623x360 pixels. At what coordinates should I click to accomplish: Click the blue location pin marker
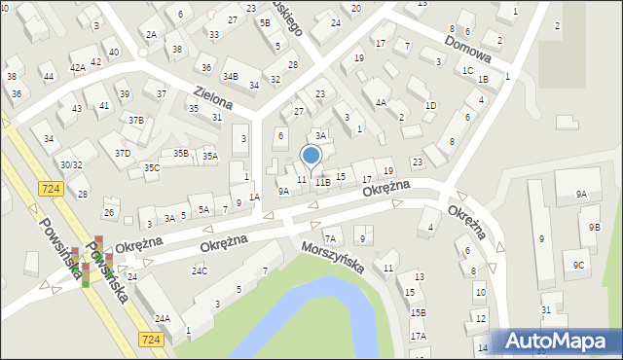(311, 156)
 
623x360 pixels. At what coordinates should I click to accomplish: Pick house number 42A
(78, 67)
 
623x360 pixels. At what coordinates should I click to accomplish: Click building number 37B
(136, 121)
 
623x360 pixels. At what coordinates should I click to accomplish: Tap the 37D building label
(123, 153)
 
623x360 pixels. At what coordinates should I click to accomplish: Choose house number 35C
(152, 167)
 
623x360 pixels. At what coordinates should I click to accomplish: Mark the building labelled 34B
(231, 76)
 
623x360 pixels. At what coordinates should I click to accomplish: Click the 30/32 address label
(71, 165)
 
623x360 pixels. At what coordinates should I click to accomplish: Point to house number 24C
(200, 270)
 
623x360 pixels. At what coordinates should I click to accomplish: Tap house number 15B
(418, 312)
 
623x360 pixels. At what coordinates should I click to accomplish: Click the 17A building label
(418, 336)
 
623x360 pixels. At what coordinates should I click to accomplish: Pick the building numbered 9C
(578, 265)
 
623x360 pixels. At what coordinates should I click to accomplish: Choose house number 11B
(322, 182)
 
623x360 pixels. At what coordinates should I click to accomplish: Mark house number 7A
(331, 238)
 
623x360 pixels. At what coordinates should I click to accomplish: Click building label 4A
(382, 101)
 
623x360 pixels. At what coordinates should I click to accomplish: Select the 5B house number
(265, 22)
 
